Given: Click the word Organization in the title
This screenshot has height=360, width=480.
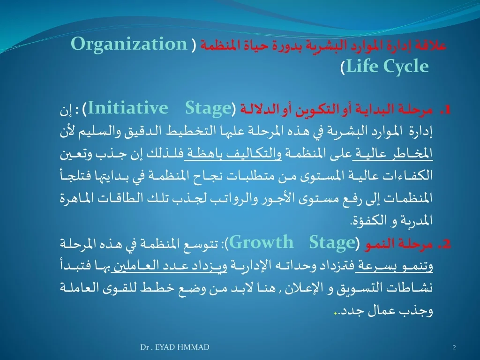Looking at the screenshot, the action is pyautogui.click(x=129, y=44).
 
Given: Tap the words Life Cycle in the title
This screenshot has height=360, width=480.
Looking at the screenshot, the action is pyautogui.click(x=387, y=67).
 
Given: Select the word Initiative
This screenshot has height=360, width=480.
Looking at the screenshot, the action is pyautogui.click(x=128, y=108).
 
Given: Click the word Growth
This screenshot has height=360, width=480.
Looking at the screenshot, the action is pyautogui.click(x=261, y=242).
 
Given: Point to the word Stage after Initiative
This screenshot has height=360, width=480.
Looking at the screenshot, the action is pyautogui.click(x=208, y=109).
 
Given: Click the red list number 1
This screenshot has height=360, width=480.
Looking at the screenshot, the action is pyautogui.click(x=445, y=110).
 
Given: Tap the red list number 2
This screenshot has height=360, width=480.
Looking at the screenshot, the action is pyautogui.click(x=444, y=244).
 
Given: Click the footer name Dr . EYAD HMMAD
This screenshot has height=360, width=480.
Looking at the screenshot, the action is pyautogui.click(x=175, y=347).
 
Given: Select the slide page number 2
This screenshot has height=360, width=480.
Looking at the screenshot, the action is pyautogui.click(x=454, y=347).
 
